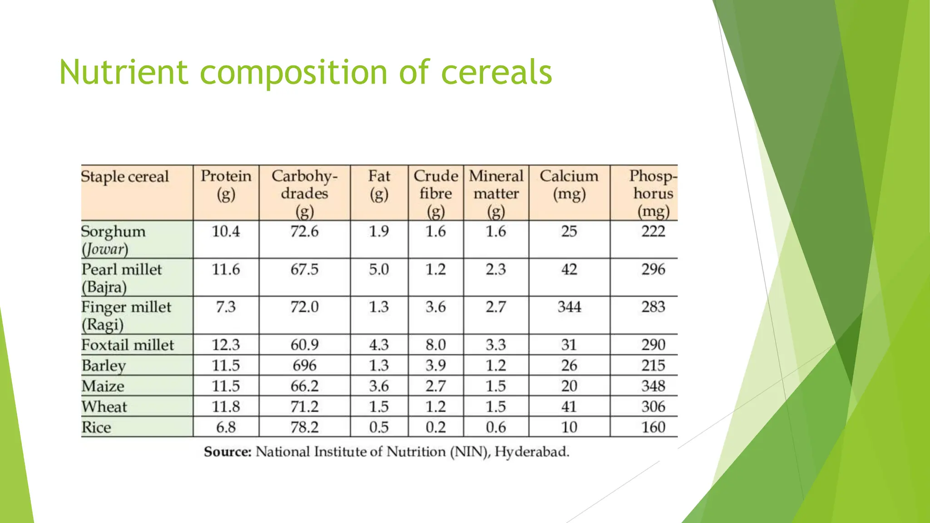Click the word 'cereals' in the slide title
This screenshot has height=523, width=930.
tap(496, 72)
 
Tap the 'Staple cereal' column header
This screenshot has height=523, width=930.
tap(125, 176)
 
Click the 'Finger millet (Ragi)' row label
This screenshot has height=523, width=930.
tap(126, 316)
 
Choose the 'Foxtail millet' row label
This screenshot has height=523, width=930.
tap(128, 345)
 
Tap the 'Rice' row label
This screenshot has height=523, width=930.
tap(96, 427)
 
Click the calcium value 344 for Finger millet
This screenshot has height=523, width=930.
tap(569, 307)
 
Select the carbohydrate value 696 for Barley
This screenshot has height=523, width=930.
tap(304, 365)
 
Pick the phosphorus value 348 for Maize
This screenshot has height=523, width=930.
tap(653, 386)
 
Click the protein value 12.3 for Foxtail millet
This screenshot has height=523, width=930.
tap(226, 345)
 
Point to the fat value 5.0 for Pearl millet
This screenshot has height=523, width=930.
tap(379, 269)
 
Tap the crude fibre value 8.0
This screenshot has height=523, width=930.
tap(435, 345)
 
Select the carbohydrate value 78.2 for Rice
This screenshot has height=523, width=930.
tap(304, 427)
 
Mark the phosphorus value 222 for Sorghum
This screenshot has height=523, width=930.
tap(653, 232)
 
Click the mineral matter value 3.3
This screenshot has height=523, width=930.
tap(495, 345)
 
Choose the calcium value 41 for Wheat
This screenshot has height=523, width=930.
tap(569, 407)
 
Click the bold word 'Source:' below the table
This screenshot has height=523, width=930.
tap(228, 452)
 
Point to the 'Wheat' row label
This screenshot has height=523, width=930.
tap(104, 407)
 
